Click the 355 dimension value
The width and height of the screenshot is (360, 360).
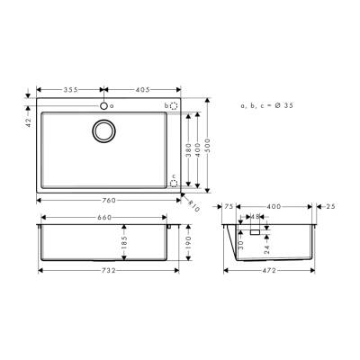pos(71,90)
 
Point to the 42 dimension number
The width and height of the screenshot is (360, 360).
pos(30,121)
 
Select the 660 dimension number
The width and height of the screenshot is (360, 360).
pos(104,218)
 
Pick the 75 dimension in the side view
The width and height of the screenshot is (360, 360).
pos(229,206)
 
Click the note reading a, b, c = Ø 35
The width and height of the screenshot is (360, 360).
pos(266,106)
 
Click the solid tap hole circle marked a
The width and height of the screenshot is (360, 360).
pos(106,106)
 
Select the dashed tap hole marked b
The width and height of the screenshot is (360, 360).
pos(174,106)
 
